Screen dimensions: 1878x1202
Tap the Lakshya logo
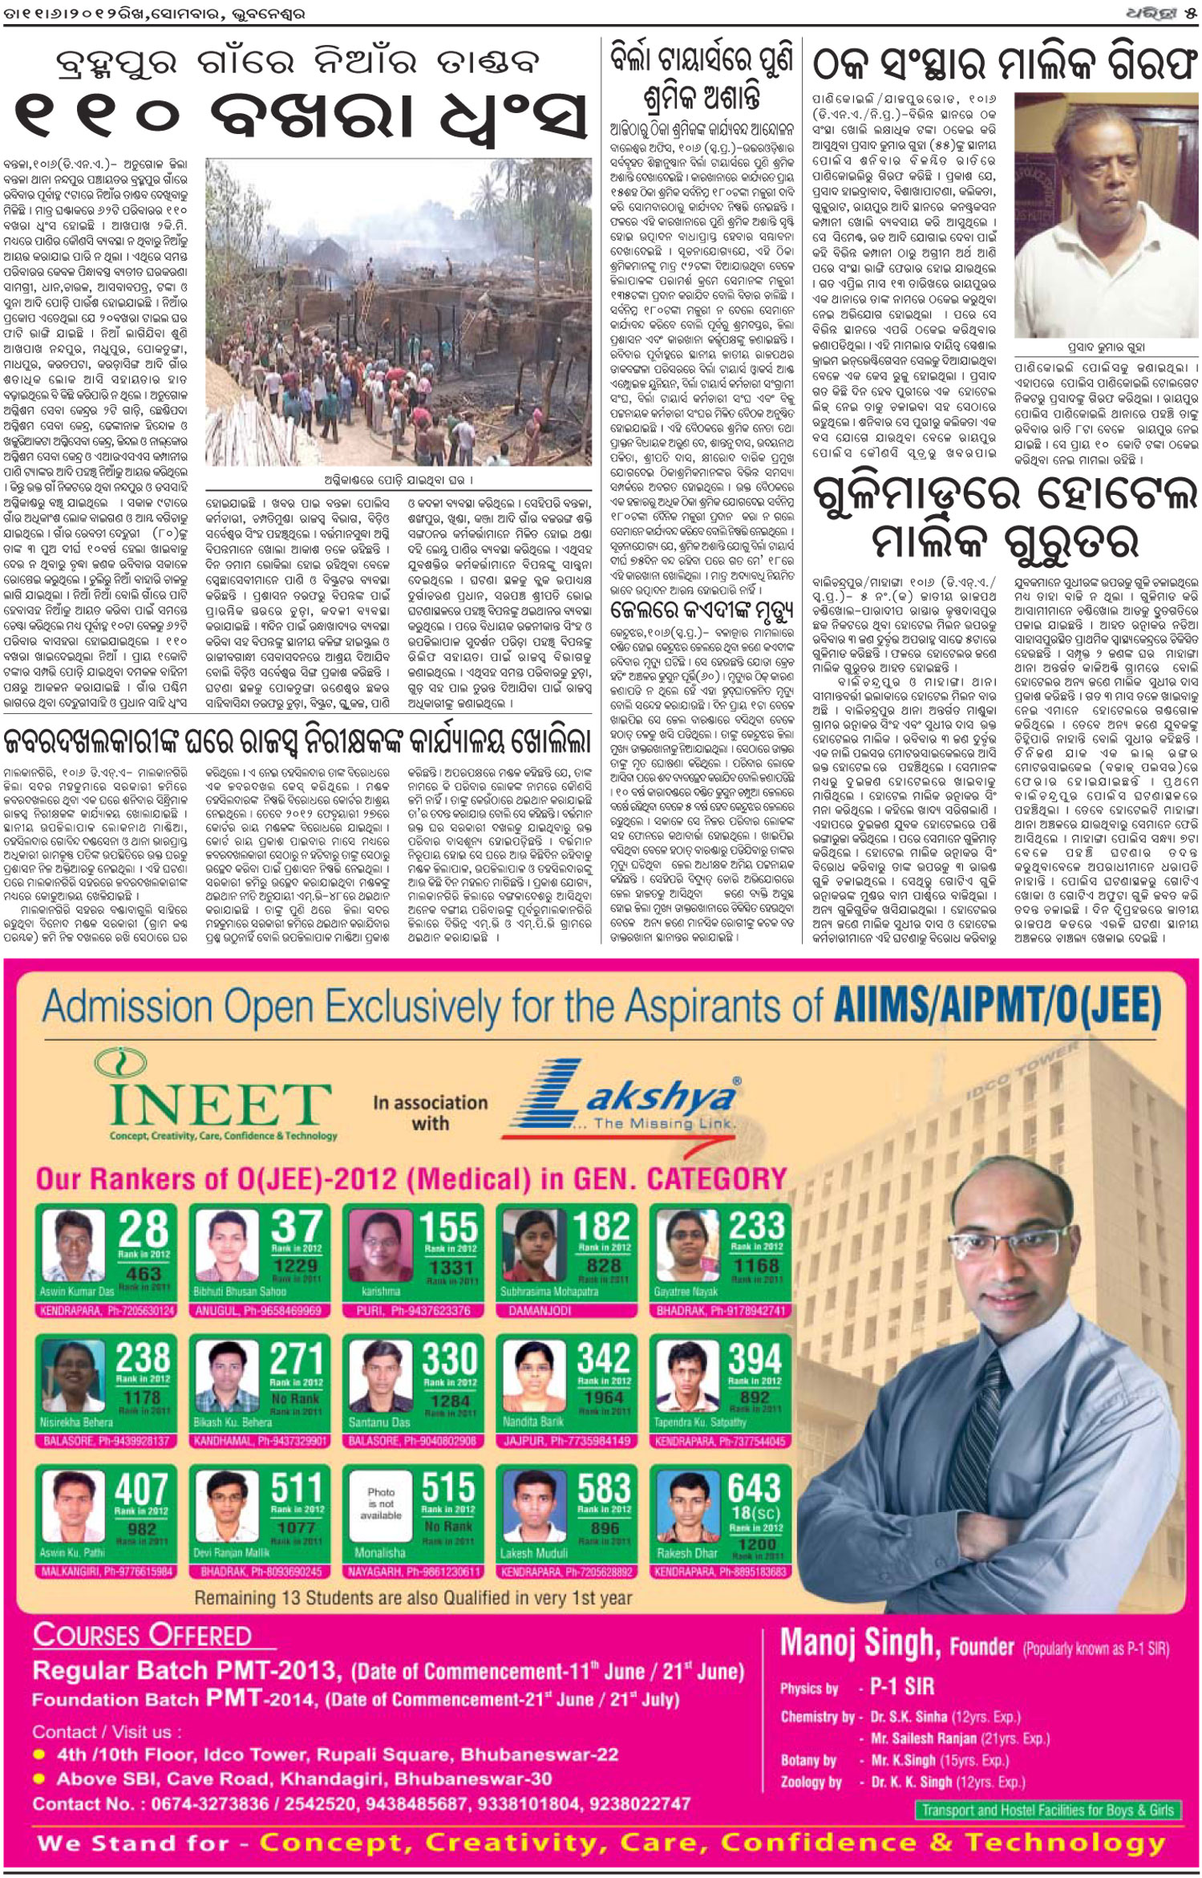pyautogui.click(x=633, y=1101)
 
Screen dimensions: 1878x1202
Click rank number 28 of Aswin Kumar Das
pyautogui.click(x=144, y=1230)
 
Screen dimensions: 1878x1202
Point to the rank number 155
pyautogui.click(x=449, y=1227)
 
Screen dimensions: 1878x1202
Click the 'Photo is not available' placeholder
pyautogui.click(x=380, y=1503)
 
